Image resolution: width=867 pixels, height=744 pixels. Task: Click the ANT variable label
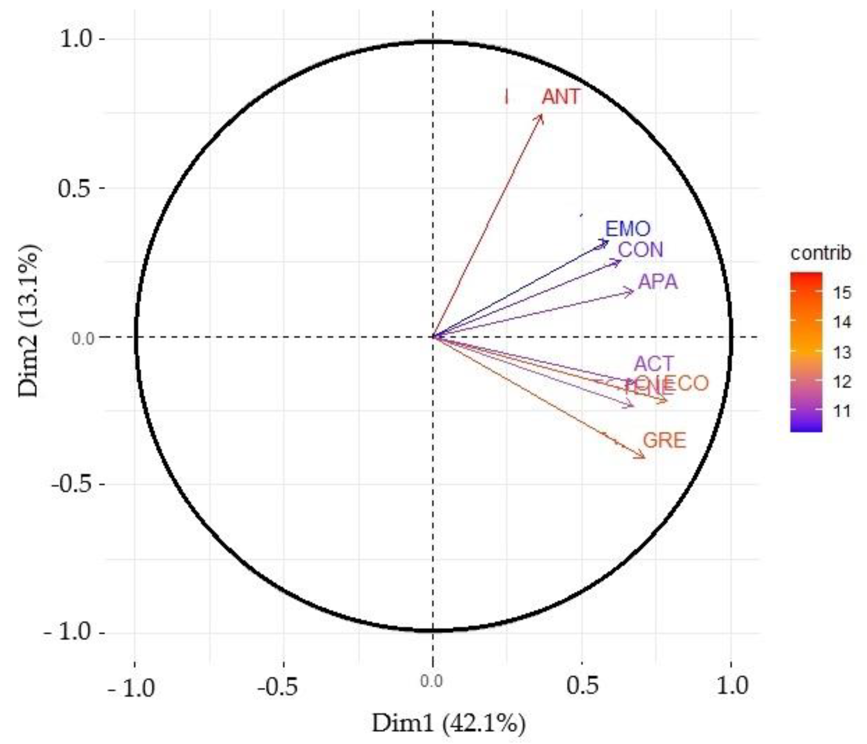pos(561,97)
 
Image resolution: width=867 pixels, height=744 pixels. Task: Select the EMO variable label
pos(628,229)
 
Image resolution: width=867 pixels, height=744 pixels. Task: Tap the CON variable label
pos(640,250)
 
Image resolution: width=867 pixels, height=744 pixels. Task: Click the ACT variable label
pos(654,364)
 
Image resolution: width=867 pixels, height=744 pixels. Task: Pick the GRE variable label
pos(664,440)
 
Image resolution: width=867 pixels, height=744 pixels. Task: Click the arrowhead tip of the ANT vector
pos(542,114)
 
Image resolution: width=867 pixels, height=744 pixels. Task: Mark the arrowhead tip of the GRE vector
pos(645,458)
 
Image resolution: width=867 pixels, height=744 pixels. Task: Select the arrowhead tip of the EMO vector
pos(608,241)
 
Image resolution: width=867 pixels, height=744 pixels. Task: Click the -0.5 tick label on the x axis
pos(277,686)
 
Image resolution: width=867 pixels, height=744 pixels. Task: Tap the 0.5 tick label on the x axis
pos(582,686)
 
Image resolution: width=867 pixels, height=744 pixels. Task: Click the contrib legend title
pos(820,253)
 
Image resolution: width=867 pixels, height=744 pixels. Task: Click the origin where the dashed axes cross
pos(432,336)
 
